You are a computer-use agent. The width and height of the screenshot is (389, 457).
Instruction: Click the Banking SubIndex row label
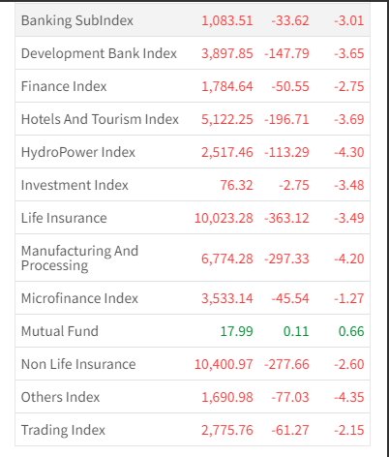pyautogui.click(x=77, y=20)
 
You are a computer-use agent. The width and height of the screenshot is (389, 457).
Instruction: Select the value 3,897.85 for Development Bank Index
pyautogui.click(x=227, y=53)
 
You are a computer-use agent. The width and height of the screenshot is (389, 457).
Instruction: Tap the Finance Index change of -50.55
pyautogui.click(x=290, y=86)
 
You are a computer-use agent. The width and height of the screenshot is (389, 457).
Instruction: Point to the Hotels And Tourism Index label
pyautogui.click(x=100, y=119)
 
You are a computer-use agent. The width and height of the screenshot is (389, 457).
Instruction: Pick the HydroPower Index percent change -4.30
pyautogui.click(x=349, y=152)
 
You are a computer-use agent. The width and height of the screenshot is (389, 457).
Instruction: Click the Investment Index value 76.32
pyautogui.click(x=236, y=185)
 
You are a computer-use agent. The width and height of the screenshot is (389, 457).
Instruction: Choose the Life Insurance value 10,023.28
pyautogui.click(x=224, y=218)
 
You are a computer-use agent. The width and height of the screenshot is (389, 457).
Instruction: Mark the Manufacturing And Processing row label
pyautogui.click(x=79, y=258)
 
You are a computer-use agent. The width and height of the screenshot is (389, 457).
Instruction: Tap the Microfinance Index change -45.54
pyautogui.click(x=290, y=298)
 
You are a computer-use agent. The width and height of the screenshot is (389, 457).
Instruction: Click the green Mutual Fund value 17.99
pyautogui.click(x=236, y=331)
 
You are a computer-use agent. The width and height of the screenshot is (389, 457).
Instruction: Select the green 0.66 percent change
pyautogui.click(x=351, y=331)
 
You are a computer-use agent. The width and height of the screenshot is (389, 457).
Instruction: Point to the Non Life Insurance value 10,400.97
pyautogui.click(x=224, y=364)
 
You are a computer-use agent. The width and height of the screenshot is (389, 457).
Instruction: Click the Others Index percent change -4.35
pyautogui.click(x=349, y=397)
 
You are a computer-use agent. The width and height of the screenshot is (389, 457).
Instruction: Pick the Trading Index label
pyautogui.click(x=63, y=430)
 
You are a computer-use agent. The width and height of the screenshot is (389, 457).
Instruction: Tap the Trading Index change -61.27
pyautogui.click(x=290, y=430)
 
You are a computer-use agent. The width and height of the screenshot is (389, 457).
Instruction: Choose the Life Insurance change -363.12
pyautogui.click(x=286, y=218)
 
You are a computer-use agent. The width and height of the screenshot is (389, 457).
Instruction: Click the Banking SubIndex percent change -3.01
pyautogui.click(x=349, y=20)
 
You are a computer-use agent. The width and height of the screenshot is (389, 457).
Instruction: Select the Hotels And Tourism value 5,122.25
pyautogui.click(x=227, y=119)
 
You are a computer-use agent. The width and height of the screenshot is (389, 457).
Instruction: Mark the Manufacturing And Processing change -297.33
pyautogui.click(x=286, y=259)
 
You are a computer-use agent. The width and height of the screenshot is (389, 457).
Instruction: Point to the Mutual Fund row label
pyautogui.click(x=60, y=331)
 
